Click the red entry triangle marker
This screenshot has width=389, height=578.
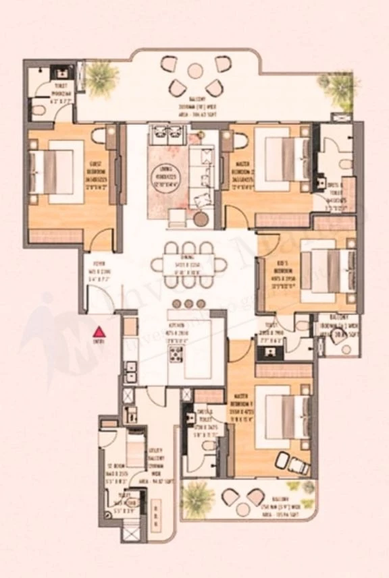coord(99,332)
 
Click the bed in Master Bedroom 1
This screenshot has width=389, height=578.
coord(286,417)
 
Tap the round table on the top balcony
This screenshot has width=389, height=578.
coord(195,69)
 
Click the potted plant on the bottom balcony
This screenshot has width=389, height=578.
coord(197,497)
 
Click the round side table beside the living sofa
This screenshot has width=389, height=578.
coord(202,219)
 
